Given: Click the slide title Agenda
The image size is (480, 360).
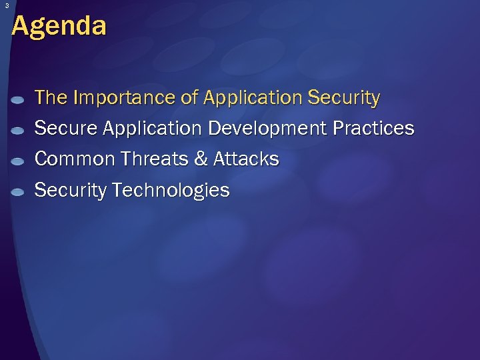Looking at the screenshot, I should [59, 27].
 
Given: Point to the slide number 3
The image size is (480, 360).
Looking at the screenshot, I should [5, 6].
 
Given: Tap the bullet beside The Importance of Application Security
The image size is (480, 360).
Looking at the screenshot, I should [19, 100].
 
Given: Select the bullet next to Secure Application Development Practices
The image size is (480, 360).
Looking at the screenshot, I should [19, 131].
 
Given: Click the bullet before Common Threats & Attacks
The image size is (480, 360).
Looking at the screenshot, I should [19, 161].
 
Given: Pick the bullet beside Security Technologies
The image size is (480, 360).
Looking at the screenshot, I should [19, 192].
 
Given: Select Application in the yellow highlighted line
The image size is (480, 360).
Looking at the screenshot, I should [253, 98].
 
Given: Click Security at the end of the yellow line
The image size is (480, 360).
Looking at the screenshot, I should [343, 98].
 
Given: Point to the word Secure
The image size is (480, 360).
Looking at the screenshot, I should [62, 128].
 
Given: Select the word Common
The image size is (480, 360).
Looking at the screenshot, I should [72, 159].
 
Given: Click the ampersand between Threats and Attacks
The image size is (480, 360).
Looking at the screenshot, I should [202, 159].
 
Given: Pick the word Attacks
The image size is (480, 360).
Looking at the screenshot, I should [246, 159].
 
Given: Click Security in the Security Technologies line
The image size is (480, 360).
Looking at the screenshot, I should [71, 191].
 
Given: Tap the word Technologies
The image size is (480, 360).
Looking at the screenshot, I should [171, 191].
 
